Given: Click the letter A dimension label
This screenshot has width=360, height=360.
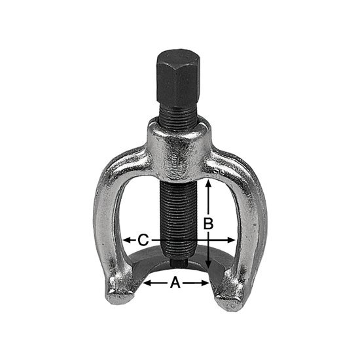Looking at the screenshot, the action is (x=175, y=282).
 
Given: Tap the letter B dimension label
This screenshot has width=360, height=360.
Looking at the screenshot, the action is (x=208, y=223).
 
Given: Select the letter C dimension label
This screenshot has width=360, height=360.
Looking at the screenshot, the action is (x=143, y=240).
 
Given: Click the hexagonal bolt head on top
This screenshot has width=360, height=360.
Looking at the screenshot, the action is (x=178, y=78).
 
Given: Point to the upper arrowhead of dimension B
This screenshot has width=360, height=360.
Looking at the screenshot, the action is (x=208, y=185).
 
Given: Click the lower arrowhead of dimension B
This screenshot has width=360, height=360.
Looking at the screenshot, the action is (x=208, y=264).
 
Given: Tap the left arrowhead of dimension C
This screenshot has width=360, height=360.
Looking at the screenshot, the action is (x=127, y=240).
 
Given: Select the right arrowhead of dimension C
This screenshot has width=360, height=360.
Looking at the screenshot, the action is (x=231, y=240).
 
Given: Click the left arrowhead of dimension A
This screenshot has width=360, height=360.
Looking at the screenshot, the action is (x=147, y=283).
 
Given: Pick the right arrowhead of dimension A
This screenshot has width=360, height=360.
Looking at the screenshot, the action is (x=205, y=283).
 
